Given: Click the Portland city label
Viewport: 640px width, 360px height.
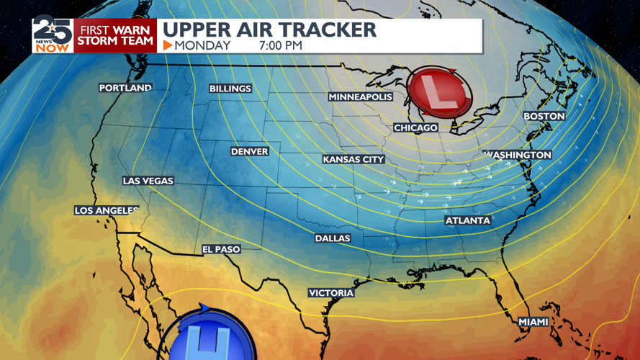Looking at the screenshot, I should [126, 88].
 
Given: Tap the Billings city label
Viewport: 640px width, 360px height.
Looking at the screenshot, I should [230, 89].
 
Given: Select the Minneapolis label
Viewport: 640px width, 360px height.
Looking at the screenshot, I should [361, 96].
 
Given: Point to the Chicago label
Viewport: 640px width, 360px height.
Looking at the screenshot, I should [415, 127].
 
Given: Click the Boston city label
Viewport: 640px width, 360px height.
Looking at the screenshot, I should [544, 116].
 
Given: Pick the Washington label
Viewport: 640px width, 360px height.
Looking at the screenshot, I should [518, 155].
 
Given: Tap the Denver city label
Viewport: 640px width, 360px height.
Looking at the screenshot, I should [250, 152].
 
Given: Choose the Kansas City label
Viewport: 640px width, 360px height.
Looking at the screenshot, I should [353, 159].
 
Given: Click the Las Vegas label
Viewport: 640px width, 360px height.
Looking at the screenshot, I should [148, 181].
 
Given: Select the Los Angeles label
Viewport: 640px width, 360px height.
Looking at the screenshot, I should [107, 210].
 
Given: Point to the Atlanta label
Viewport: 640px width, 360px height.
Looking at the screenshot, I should [467, 220].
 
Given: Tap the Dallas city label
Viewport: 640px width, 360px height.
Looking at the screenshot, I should [333, 238].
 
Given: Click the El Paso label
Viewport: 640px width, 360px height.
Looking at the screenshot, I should [221, 249].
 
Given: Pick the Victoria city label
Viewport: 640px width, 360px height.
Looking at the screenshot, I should [331, 293].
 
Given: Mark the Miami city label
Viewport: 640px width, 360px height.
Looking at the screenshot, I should [533, 322].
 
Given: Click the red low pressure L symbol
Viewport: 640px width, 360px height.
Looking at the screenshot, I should [439, 94].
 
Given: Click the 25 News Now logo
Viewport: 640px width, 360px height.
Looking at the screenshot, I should [52, 35].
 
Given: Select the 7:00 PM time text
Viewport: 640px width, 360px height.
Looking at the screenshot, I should [281, 45].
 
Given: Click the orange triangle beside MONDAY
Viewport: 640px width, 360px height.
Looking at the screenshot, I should [168, 45].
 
